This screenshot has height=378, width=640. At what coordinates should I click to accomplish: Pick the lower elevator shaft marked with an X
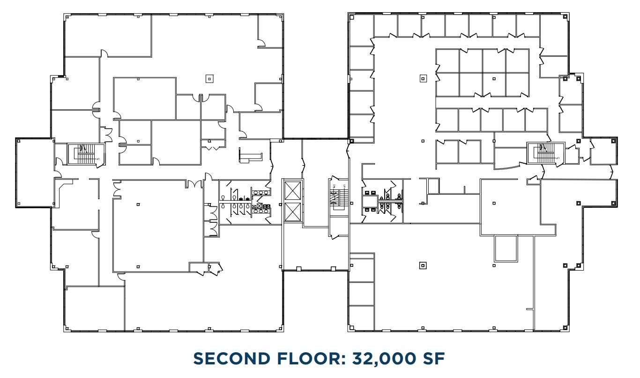[292, 213]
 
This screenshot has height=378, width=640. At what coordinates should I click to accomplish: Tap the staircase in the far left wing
[86, 154]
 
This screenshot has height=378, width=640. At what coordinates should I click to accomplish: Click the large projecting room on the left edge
[34, 173]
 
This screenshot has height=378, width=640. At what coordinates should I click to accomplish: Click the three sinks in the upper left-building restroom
[260, 192]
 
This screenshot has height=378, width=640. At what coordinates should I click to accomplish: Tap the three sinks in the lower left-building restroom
[260, 211]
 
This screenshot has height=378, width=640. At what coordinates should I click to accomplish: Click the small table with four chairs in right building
[370, 201]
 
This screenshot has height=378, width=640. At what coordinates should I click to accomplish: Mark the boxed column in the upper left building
[209, 79]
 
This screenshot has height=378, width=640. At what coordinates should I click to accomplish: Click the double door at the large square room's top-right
[192, 184]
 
